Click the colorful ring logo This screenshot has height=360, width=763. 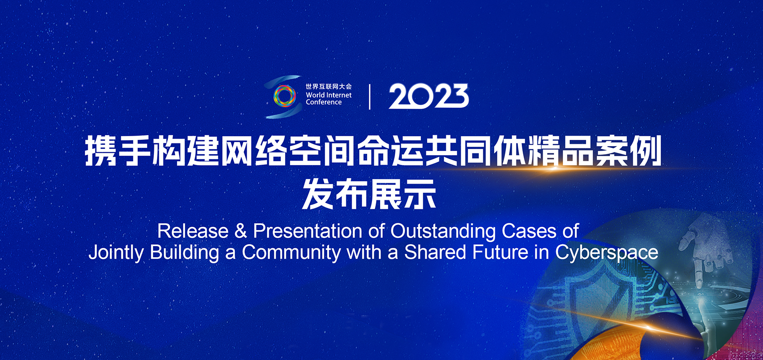point(285,96)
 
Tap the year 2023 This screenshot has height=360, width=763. point(429,97)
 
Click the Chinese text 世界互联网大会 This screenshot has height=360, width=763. point(329,87)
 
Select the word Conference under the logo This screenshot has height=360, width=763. point(324,102)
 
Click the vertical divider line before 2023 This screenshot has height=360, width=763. point(370,97)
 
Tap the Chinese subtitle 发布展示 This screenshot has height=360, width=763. point(369,194)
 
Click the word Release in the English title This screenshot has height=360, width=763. point(193,232)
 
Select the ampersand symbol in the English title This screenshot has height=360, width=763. point(240,232)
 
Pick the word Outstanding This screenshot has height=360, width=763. point(443,232)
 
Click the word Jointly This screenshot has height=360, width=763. point(116,253)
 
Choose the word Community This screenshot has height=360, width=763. point(291,253)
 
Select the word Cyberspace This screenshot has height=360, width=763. point(607,253)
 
